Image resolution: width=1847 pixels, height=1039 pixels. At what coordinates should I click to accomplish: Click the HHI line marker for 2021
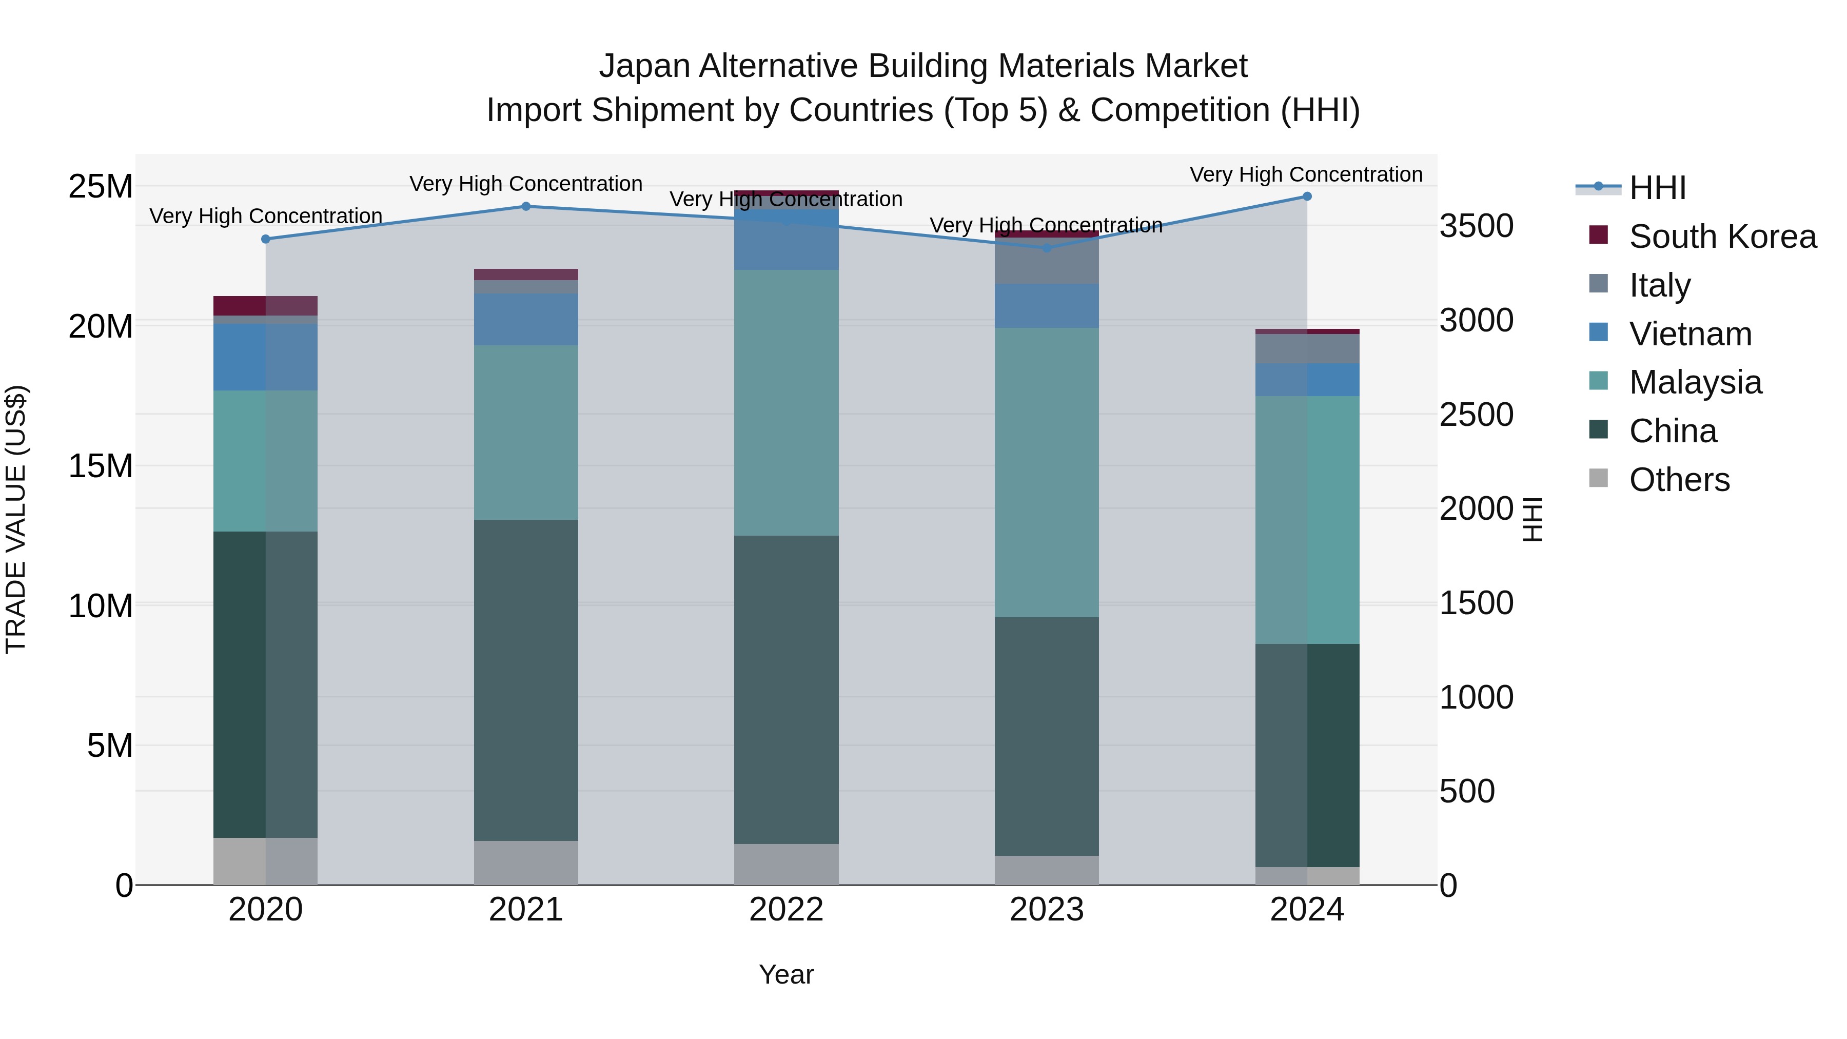coord(525,206)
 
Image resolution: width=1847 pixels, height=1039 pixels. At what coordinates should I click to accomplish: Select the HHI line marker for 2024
coord(1306,197)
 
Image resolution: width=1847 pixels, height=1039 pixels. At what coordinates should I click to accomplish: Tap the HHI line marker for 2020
coord(266,239)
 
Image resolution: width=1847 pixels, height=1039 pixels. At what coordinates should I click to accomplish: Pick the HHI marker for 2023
coord(1046,248)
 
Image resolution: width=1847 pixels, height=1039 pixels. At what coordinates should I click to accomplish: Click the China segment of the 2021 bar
coord(525,680)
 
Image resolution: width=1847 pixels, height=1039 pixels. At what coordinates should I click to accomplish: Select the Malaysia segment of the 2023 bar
coord(1046,472)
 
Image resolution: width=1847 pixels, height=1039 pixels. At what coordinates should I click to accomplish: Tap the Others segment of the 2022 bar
coord(786,864)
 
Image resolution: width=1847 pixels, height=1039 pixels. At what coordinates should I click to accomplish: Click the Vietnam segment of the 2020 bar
coord(265,357)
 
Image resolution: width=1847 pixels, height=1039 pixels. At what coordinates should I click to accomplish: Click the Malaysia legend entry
coord(1695,382)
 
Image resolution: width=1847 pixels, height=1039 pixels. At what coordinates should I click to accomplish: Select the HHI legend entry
coord(1657,188)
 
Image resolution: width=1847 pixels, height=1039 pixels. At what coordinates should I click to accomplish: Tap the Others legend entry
coord(1679,480)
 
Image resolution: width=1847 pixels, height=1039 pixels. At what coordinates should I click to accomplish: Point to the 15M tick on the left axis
coord(101,466)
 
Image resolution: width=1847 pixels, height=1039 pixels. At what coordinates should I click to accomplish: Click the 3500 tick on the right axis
coord(1476,226)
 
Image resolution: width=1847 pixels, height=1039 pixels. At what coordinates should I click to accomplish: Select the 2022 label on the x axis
coord(786,910)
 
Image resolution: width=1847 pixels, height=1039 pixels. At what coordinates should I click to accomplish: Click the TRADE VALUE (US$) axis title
coord(16,519)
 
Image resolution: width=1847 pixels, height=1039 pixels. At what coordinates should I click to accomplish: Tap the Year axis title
coord(786,974)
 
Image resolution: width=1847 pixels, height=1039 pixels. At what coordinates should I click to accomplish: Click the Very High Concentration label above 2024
coord(1306,174)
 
